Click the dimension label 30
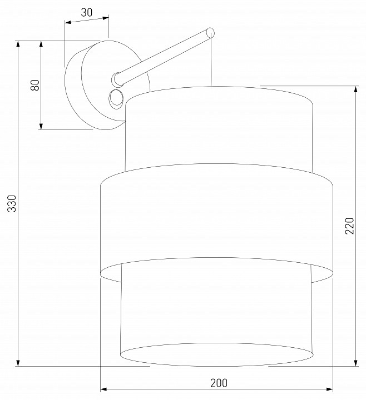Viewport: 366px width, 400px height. [87, 12]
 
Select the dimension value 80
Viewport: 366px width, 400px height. [35, 85]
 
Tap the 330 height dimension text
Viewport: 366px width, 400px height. [12, 203]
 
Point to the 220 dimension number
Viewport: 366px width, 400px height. [349, 226]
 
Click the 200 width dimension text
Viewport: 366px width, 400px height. [219, 383]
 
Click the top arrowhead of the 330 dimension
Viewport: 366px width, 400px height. [18, 44]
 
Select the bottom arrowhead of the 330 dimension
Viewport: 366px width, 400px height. [18, 363]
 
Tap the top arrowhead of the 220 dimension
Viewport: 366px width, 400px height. [356, 89]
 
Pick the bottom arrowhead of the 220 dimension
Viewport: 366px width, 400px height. [356, 363]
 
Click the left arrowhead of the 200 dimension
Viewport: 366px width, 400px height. [103, 389]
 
